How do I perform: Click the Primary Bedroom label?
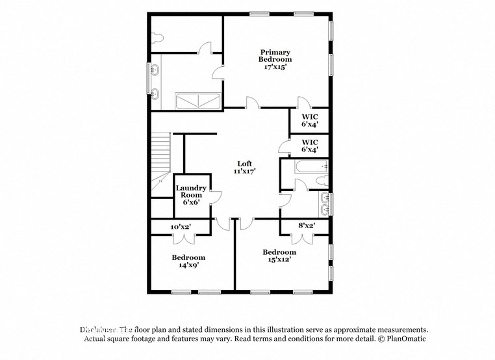point(275,59)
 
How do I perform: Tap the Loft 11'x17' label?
point(244,168)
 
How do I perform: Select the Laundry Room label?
point(191,195)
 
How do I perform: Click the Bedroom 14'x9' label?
point(188,261)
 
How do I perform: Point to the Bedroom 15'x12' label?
point(279,255)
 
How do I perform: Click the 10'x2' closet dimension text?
point(181,227)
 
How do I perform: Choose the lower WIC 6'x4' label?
point(309,146)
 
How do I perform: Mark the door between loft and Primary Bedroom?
point(252,104)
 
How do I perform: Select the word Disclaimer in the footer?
point(97,330)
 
